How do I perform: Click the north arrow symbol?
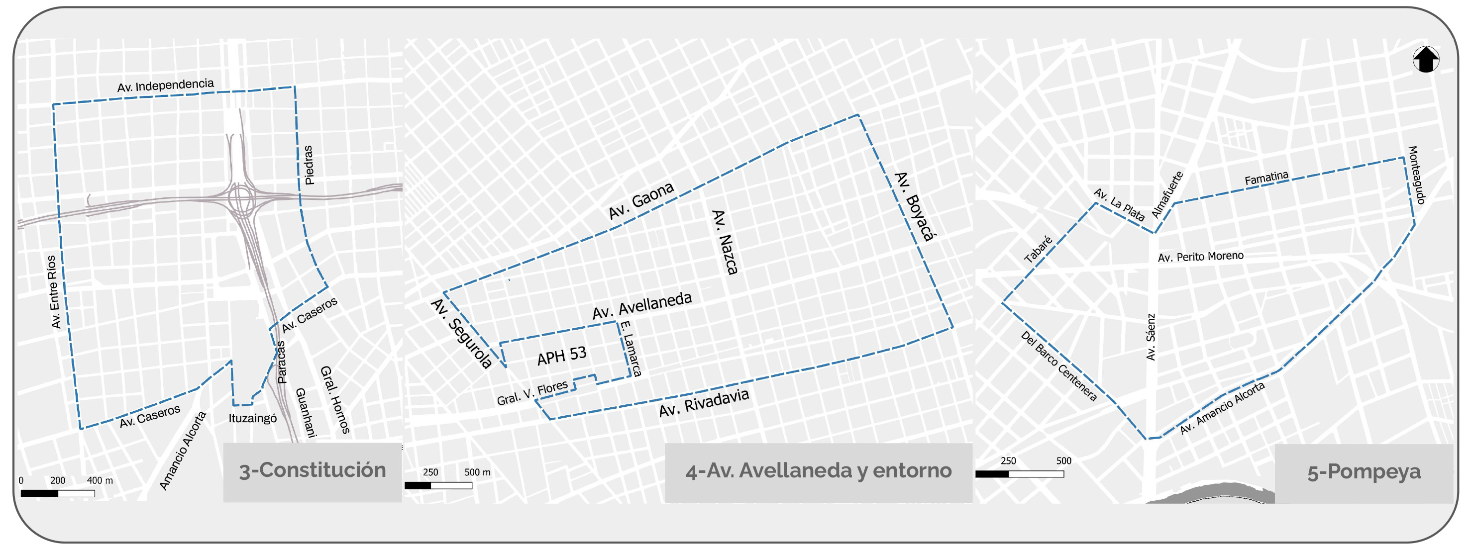pyautogui.click(x=1426, y=59)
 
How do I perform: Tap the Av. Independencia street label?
pyautogui.click(x=165, y=86)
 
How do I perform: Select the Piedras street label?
pyautogui.click(x=309, y=165)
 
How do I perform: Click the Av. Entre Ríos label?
pyautogui.click(x=54, y=291)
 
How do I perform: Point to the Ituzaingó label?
pyautogui.click(x=252, y=418)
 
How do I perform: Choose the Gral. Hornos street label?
pyautogui.click(x=335, y=399)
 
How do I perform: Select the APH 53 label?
pyautogui.click(x=561, y=356)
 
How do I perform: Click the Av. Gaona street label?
pyautogui.click(x=641, y=200)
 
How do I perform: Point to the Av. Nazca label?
pyautogui.click(x=725, y=242)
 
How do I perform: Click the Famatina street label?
pyautogui.click(x=1266, y=178)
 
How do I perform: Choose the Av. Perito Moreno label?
pyautogui.click(x=1200, y=257)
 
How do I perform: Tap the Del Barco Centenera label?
pyautogui.click(x=1058, y=366)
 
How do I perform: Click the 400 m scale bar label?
pyautogui.click(x=100, y=480)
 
